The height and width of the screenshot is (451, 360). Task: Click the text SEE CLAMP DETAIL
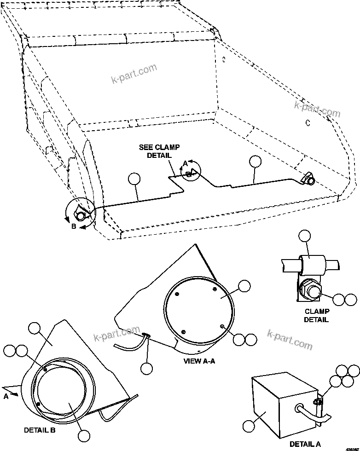pyautogui.click(x=159, y=151)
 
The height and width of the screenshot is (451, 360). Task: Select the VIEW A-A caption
pyautogui.click(x=199, y=361)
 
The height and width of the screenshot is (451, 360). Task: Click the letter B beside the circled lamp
pyautogui.click(x=74, y=225)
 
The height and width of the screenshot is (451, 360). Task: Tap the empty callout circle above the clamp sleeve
pyautogui.click(x=305, y=237)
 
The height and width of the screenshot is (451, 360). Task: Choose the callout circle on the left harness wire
pyautogui.click(x=134, y=179)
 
